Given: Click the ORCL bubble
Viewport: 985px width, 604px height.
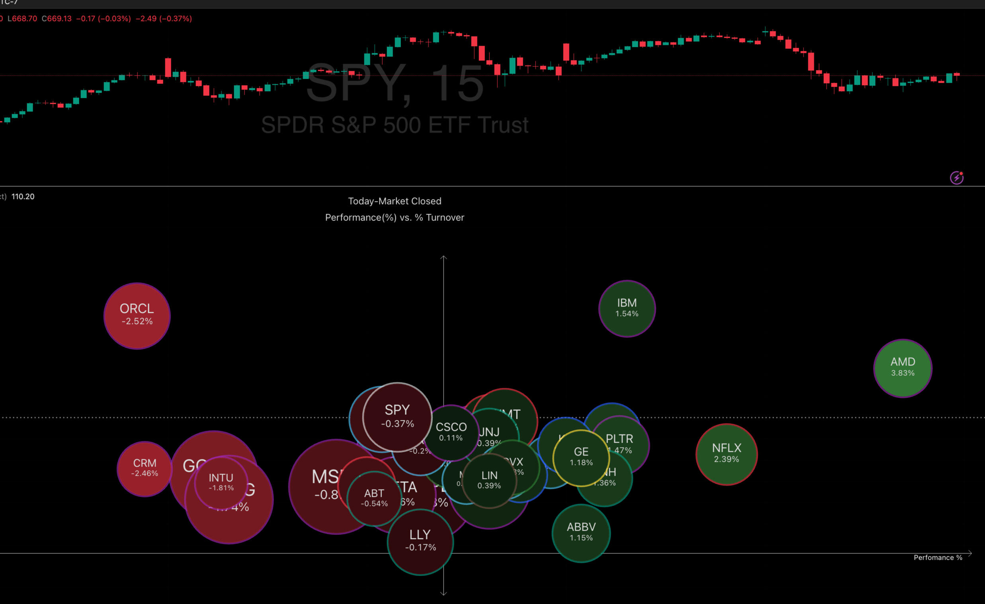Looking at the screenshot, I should [x=137, y=315].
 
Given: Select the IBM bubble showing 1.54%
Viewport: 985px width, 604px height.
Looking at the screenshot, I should [x=626, y=308].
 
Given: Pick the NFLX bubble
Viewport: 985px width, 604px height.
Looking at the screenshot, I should [x=726, y=454].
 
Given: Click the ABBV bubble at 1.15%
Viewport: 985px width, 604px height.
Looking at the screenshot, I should [x=580, y=532].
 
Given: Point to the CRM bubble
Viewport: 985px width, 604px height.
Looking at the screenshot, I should [x=144, y=468].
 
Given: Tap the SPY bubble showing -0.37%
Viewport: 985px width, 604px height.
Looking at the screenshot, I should [x=397, y=416].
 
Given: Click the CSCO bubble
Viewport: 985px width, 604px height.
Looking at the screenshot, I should [x=451, y=432].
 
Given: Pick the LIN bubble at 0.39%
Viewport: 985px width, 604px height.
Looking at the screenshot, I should [x=489, y=480].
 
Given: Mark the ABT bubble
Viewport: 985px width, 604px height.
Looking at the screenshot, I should [x=374, y=498].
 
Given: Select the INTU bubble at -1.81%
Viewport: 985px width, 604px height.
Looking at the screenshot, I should [x=221, y=482].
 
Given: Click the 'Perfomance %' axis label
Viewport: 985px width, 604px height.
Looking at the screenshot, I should [x=938, y=557].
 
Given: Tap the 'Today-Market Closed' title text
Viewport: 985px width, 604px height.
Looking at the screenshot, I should [x=395, y=201].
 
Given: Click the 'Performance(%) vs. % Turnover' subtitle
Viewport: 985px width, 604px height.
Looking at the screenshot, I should [x=395, y=217].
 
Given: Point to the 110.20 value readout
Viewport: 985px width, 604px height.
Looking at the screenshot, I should [x=23, y=196].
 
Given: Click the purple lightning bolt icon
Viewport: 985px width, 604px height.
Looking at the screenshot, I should [x=956, y=178].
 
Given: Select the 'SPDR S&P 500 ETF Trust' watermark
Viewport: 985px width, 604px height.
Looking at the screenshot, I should [x=395, y=125].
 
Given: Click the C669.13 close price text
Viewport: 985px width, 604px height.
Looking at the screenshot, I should [x=57, y=18].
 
